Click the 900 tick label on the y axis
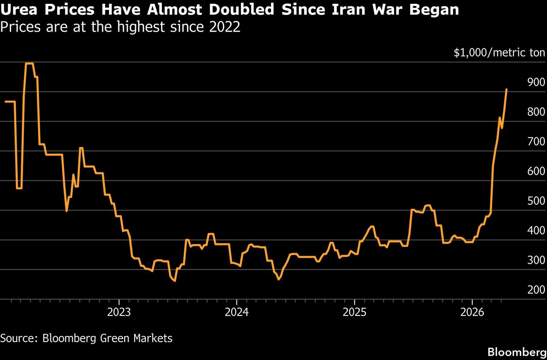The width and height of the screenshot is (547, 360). point(536,83)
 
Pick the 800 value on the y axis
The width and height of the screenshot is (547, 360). point(536,112)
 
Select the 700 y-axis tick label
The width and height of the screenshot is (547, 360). point(536,142)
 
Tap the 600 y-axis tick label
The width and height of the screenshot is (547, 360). point(536,171)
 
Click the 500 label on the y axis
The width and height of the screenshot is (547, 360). point(536,201)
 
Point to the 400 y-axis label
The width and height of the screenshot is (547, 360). point(536,230)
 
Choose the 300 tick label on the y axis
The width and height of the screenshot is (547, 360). point(536,260)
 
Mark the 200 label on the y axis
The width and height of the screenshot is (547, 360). point(536,290)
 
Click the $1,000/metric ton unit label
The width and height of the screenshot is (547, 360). point(499,53)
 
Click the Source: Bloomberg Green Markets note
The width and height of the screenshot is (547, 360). point(86,338)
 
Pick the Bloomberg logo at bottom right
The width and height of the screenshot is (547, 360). point(517,352)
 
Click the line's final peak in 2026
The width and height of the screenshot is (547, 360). point(506,89)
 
